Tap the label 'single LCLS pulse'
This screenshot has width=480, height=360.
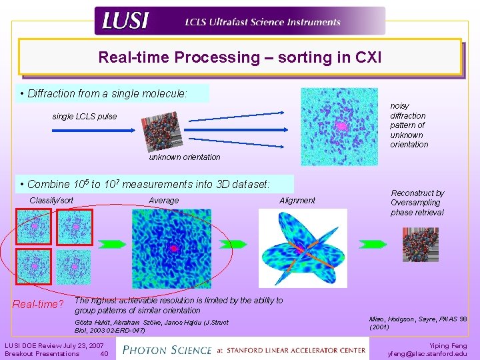point(84,117)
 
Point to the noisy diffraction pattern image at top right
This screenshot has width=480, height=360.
point(339,126)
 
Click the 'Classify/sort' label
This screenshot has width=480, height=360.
point(51,200)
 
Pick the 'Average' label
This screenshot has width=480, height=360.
point(163,200)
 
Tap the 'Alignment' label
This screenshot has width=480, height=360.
point(297,200)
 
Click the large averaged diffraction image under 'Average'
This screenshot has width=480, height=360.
point(172,248)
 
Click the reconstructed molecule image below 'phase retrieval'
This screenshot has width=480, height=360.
point(420,245)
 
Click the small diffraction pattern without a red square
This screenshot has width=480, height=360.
point(73,267)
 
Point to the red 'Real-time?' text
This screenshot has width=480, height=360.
point(38,305)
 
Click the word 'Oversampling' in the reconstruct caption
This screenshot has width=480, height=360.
point(415,203)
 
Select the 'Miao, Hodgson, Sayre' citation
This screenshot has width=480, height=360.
point(417,323)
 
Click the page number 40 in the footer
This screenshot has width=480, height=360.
point(103,353)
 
